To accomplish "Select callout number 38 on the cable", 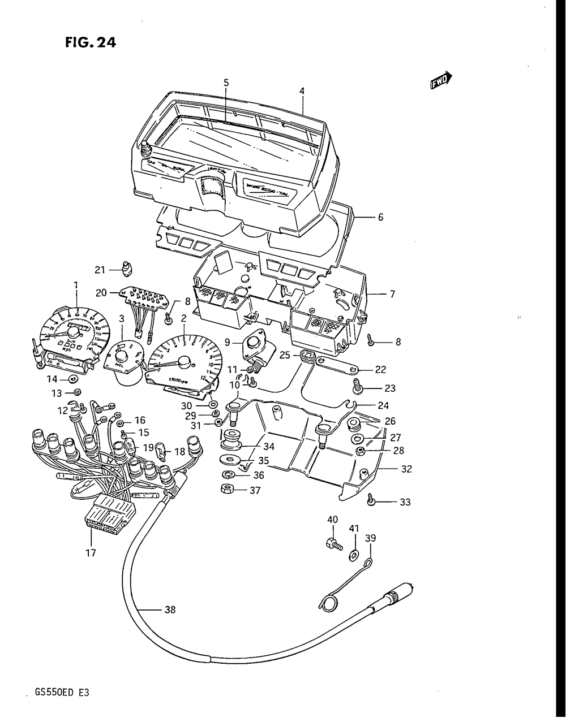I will [169, 609].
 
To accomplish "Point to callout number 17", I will [91, 552].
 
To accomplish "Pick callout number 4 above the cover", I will [302, 90].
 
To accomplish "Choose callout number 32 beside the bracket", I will [406, 469].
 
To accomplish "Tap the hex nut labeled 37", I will [228, 488].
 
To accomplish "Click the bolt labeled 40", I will [333, 545].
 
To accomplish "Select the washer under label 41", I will [354, 556].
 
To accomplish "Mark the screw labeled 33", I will [371, 501].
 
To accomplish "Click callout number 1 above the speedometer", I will [75, 284].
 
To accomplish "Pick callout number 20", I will [101, 293].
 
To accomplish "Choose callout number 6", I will [380, 217].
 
